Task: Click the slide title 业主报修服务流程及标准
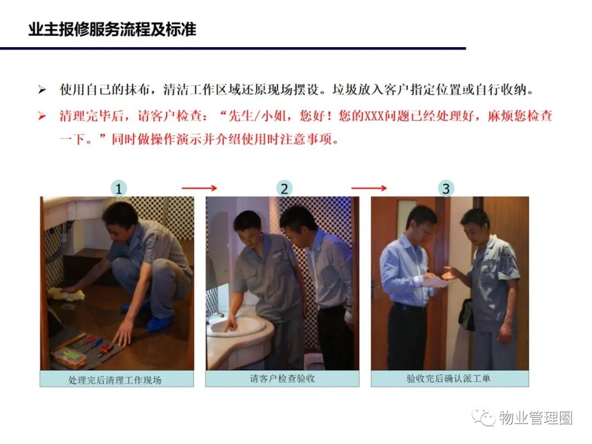click(x=112, y=30)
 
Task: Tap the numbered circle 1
click(x=118, y=189)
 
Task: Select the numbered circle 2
click(x=284, y=189)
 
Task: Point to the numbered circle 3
click(x=446, y=189)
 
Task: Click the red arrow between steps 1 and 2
click(x=200, y=188)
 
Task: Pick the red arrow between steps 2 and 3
click(x=369, y=188)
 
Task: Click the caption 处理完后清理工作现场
click(x=115, y=380)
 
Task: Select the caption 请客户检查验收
click(x=282, y=378)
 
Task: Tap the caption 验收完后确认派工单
click(x=448, y=378)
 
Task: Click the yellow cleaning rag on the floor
click(x=66, y=294)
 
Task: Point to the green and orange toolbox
click(x=69, y=357)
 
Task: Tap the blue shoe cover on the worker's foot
click(x=158, y=322)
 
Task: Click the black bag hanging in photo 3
click(x=466, y=315)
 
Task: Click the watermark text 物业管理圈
click(x=536, y=418)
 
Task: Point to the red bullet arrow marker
click(x=42, y=116)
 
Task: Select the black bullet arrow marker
click(x=42, y=90)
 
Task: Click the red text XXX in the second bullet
click(x=374, y=116)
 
